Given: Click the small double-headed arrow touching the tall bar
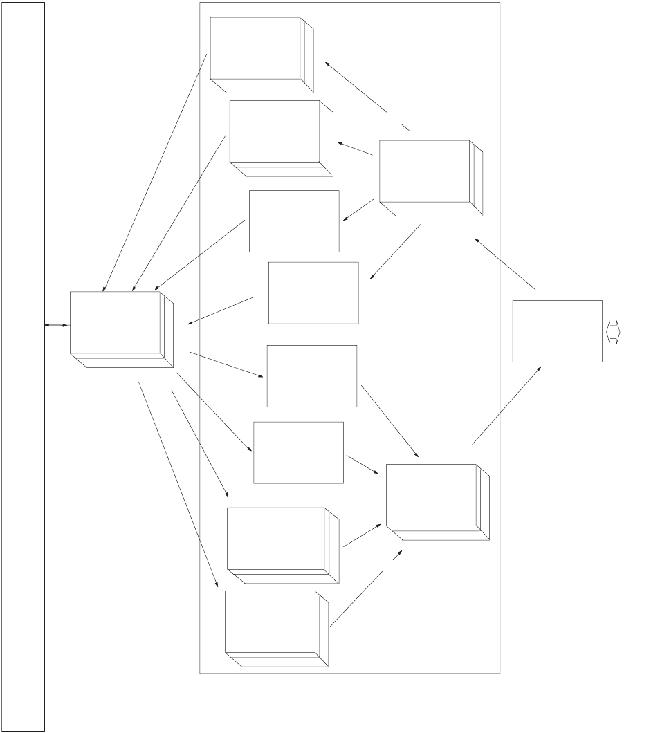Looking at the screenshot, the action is [x=57, y=325].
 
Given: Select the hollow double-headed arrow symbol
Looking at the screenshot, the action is [x=613, y=331].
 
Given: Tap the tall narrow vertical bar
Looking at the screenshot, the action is [x=23, y=366].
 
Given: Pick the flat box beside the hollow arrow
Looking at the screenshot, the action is [x=557, y=331].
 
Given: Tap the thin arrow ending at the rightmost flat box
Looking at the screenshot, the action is [x=507, y=405].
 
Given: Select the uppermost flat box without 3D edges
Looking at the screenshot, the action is [x=294, y=221].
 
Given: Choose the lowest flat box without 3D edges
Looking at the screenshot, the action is [x=298, y=452].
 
